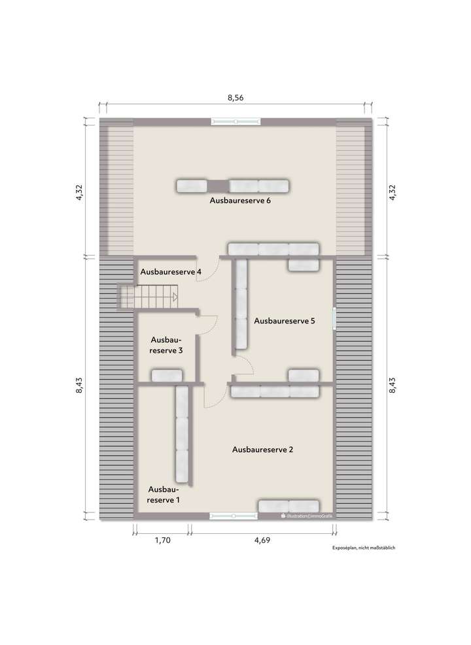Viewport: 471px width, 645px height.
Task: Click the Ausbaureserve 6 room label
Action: [240, 201]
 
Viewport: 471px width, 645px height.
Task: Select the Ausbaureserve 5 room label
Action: [285, 321]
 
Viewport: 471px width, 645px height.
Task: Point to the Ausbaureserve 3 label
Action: [166, 345]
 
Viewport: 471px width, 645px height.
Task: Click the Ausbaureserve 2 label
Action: [262, 450]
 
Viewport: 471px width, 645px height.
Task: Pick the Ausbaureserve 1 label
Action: [164, 495]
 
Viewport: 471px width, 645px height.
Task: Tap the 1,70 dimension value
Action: [163, 540]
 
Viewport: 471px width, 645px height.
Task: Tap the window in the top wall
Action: [235, 121]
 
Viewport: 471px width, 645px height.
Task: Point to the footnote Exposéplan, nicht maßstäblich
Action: [364, 550]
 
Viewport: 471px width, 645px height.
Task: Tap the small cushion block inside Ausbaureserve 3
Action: [166, 376]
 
